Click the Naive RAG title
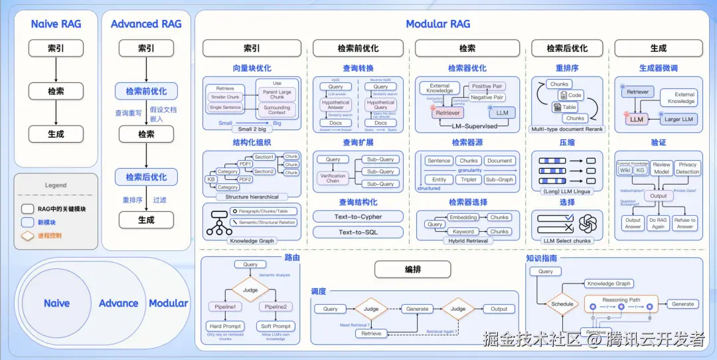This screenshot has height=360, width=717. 56,24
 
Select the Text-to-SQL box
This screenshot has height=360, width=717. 358,232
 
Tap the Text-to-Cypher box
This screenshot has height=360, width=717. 358,217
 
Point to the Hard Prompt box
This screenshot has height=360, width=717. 225,326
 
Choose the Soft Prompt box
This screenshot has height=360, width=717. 276,326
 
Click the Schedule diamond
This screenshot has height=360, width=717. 562,304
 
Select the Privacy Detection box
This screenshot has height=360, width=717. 688,168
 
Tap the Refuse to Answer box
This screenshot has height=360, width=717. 684,223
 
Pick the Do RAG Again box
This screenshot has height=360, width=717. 659,223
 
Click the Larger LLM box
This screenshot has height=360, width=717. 678,120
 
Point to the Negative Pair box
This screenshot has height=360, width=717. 487,98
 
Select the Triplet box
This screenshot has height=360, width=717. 469,179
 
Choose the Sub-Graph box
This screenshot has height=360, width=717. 499,179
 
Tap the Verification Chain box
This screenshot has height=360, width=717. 333,179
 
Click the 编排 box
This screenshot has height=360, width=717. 412,269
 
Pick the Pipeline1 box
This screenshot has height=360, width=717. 225,307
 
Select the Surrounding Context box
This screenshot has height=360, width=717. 277,110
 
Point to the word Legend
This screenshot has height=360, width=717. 56,185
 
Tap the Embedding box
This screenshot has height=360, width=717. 463,217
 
